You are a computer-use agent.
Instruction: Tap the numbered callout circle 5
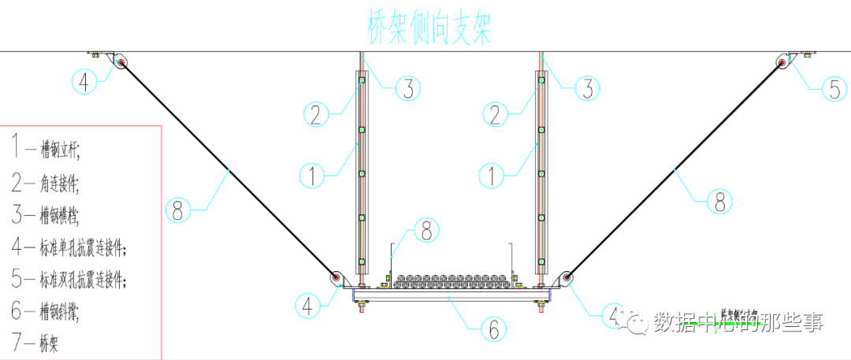835,88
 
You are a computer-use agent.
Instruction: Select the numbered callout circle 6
493,328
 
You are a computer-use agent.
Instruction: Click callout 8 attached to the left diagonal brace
179,210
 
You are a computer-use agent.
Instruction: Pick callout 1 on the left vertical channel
314,175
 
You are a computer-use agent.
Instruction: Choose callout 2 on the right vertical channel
494,115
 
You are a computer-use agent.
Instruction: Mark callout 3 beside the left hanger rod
407,89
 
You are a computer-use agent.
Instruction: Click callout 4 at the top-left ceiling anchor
84,80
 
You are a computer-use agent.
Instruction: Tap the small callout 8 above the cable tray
425,231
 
